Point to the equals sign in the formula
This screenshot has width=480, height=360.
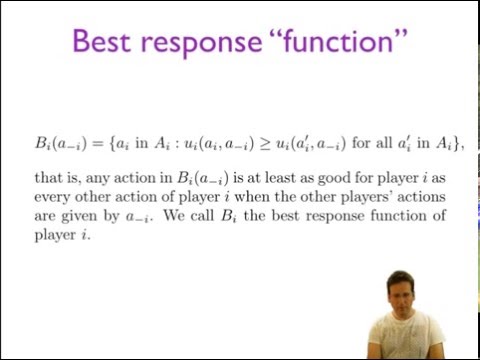(x=68, y=143)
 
